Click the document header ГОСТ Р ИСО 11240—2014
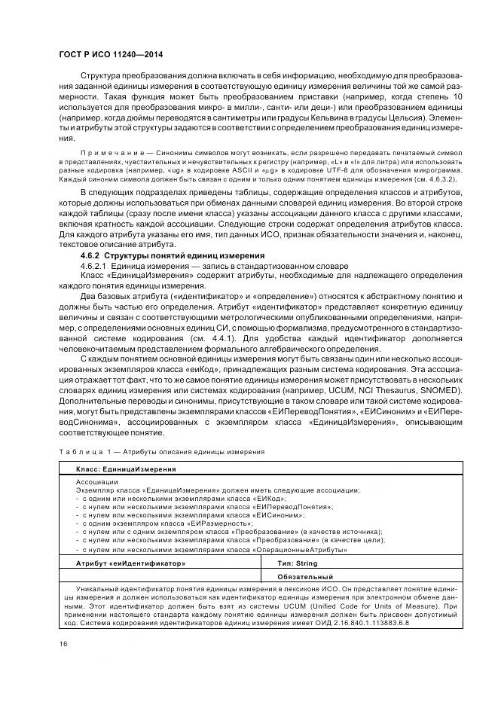point(111,55)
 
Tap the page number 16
point(63,642)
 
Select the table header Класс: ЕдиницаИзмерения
point(126,468)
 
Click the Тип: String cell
point(298,563)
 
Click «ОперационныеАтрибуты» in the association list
point(303,550)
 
